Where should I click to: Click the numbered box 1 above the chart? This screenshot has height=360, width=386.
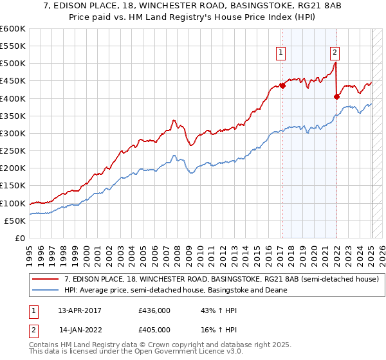282,53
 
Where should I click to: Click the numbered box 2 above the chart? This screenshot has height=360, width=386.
336,53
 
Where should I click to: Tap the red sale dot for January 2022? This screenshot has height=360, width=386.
336,96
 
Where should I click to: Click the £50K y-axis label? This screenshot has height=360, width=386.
15,221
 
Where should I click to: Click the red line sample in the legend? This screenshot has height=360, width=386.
45,279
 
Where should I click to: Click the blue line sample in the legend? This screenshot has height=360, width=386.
45,290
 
